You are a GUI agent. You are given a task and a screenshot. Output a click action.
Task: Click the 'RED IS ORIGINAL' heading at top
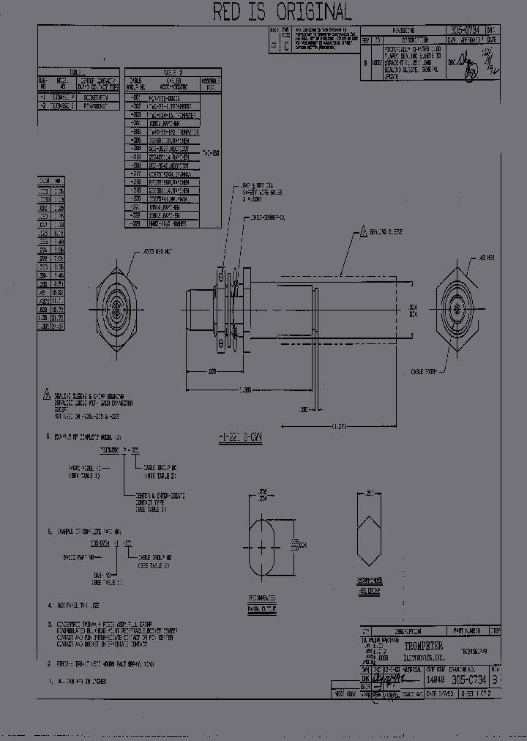(282, 12)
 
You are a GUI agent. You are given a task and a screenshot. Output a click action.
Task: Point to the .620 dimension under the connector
(212, 372)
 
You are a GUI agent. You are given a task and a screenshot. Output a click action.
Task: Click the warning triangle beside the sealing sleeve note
(47, 393)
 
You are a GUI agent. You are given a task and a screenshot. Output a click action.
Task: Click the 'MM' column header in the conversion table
(59, 180)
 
